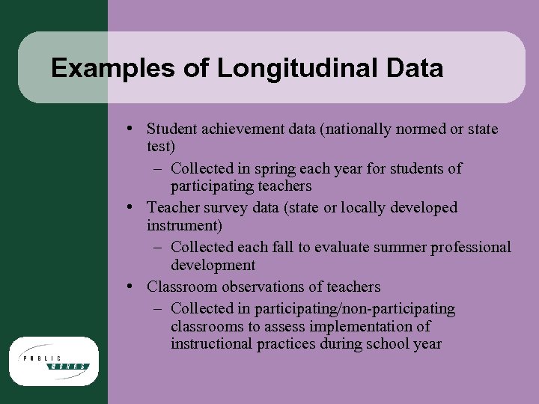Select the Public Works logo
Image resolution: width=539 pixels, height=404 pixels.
coord(54,361)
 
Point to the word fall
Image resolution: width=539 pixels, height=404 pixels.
coord(293,247)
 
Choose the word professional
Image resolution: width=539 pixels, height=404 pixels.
coord(468,247)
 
